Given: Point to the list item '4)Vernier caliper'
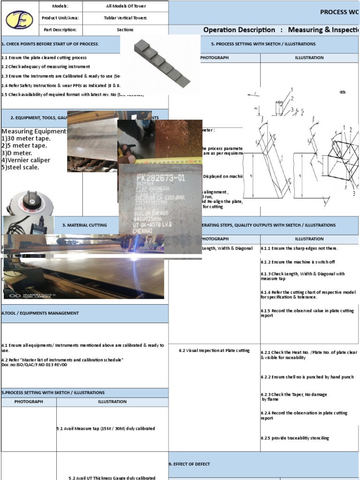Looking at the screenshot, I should tap(26, 160).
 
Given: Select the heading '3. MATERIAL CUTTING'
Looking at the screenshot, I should tap(84, 225).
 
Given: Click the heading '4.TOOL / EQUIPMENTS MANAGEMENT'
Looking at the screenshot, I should tap(41, 313).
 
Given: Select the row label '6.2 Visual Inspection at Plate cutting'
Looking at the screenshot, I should tap(214, 351).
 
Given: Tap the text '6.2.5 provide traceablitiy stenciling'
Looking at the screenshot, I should tap(295, 438).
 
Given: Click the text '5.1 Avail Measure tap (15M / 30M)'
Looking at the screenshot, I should tap(105, 428).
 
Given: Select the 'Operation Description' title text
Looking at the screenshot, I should tap(239, 30).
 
